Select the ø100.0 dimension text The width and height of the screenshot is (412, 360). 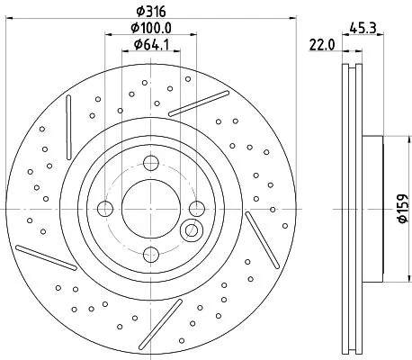pos(149,28)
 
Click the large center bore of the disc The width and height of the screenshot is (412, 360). pos(149,208)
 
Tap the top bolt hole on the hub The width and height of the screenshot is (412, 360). pos(149,163)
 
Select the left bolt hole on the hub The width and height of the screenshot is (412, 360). pos(104,209)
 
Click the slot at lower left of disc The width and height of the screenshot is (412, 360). pos(45,257)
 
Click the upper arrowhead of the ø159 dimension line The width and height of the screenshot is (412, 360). pos(387,140)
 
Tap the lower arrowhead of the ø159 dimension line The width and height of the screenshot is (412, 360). pos(387,277)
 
